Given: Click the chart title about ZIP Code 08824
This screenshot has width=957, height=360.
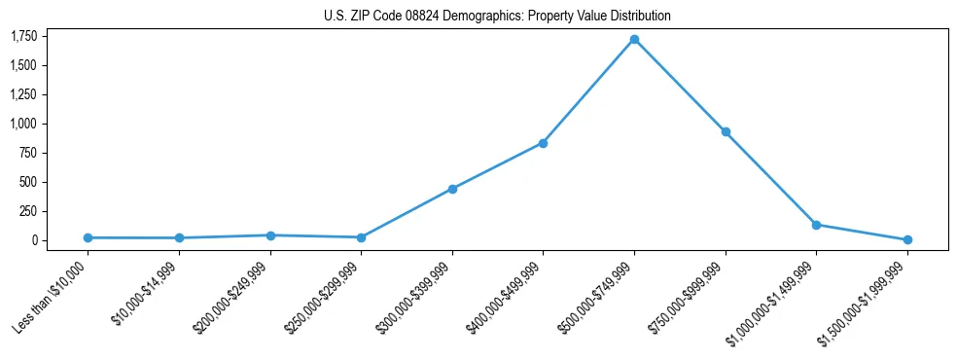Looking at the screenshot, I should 497,17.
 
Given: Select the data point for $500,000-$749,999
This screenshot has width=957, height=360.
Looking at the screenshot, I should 634,40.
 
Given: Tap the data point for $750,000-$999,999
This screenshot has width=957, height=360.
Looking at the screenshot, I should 725,131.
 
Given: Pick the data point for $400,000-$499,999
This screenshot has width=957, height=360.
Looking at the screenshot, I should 543,143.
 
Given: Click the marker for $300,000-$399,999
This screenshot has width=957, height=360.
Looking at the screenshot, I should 452,189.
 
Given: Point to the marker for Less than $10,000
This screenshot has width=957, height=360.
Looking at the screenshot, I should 88,237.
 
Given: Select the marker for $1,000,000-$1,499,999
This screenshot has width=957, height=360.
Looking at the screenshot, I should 816,225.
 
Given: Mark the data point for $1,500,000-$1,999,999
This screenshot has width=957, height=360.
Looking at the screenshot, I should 907,239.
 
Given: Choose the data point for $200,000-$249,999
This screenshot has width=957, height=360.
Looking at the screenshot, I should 270,235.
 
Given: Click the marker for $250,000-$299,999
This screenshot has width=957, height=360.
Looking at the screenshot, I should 361,237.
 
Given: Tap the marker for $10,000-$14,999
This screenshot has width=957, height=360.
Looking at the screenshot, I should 179,237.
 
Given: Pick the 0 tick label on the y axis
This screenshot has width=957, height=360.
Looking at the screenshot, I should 35,240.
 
